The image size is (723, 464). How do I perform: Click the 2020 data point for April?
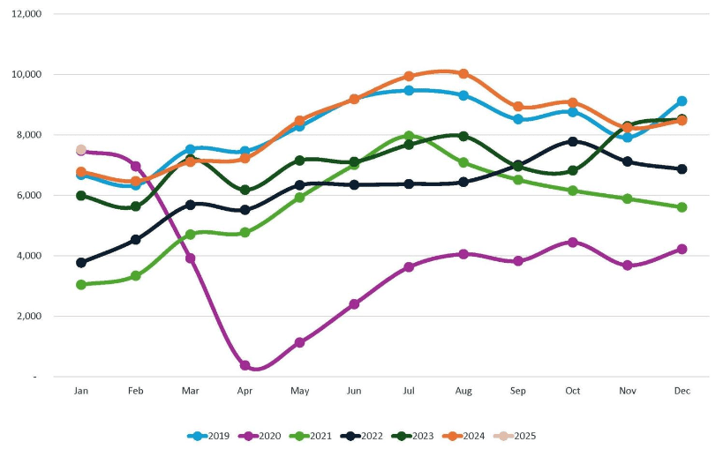pos(245,365)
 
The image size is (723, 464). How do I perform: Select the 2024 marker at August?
pos(463,74)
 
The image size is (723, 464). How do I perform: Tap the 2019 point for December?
pos(682,101)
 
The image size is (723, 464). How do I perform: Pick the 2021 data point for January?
pos(81,285)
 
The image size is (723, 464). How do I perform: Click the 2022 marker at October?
pos(573,141)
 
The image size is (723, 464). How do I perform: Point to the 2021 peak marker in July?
pos(409,137)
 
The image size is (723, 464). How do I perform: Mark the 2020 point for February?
pos(136,166)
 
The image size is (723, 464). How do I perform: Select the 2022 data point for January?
pos(81,263)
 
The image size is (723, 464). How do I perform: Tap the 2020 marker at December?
pos(682,249)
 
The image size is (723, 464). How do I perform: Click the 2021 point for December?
pos(682,207)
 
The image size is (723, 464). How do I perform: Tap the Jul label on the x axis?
pos(409,390)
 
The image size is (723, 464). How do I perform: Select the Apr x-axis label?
pos(245,390)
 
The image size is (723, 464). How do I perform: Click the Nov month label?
pos(627,390)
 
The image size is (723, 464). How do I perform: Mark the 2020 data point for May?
pos(299,342)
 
